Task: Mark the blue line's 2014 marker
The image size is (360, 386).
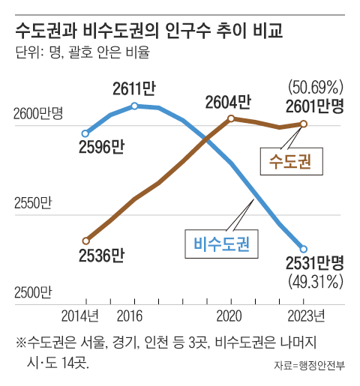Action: point(85,133)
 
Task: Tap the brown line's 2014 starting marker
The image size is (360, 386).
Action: point(85,241)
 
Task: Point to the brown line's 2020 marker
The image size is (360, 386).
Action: point(231,118)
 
